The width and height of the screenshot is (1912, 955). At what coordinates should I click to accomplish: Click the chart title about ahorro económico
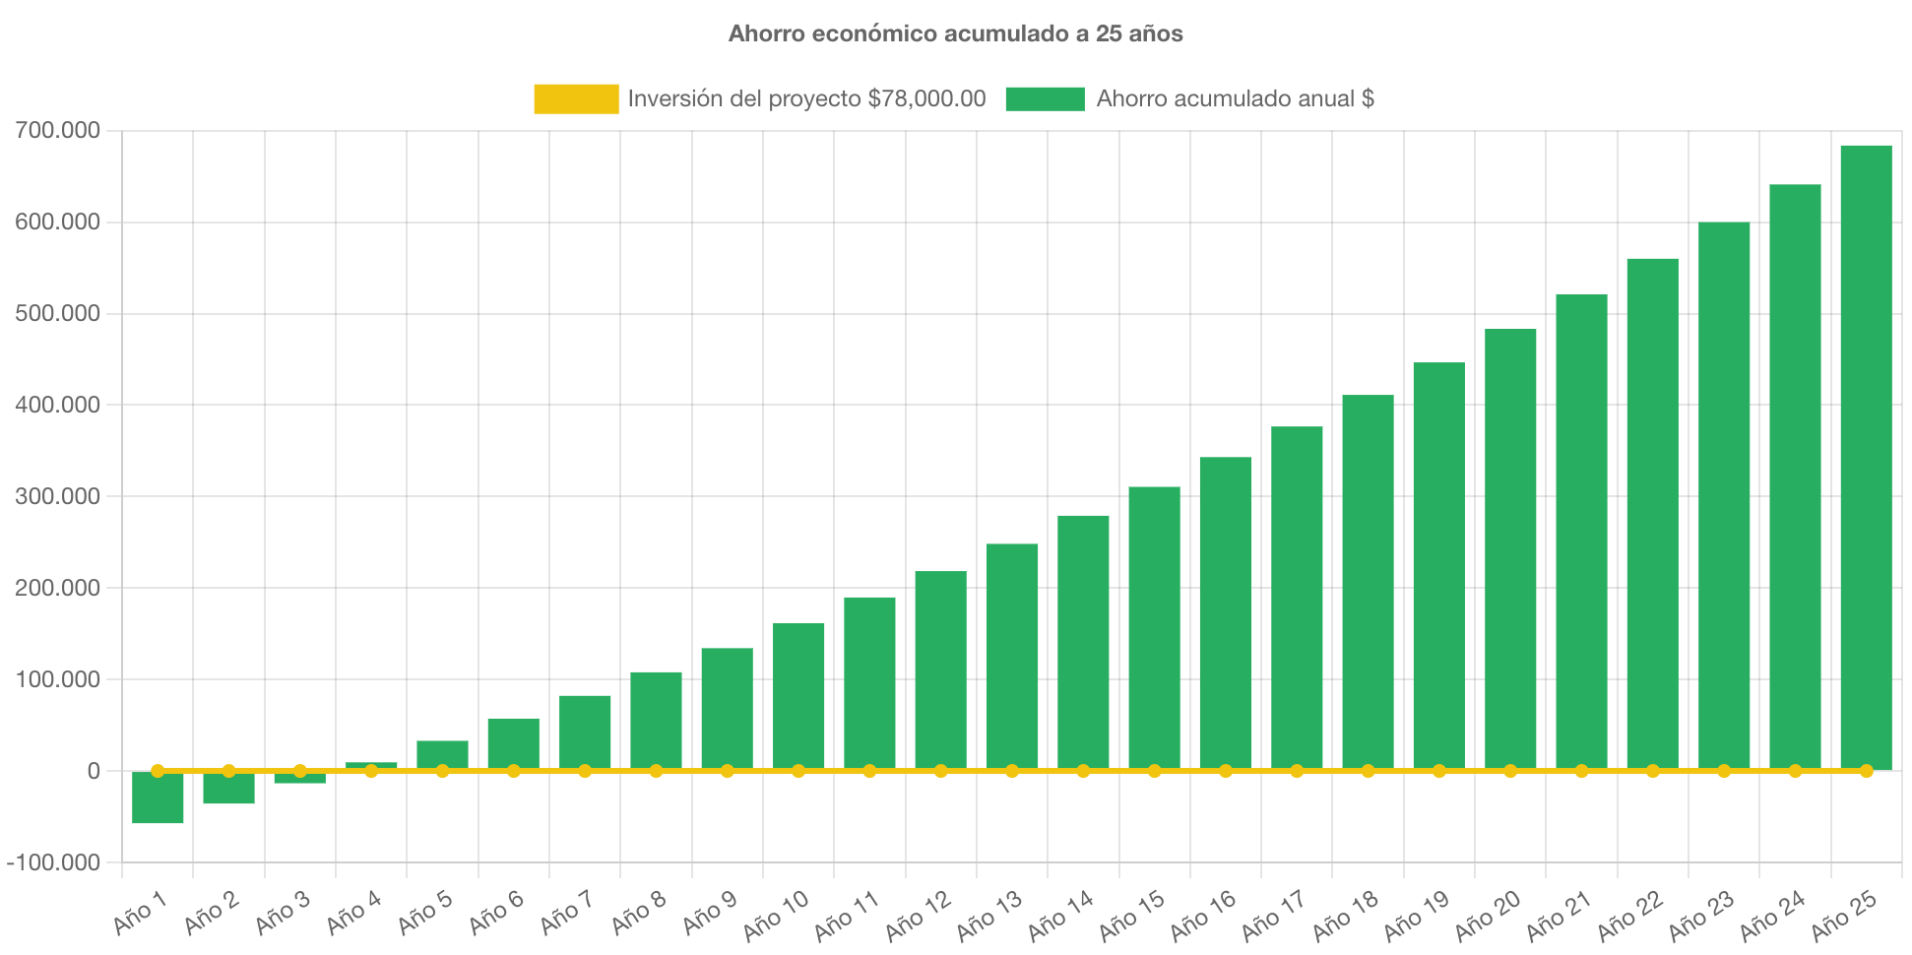point(955,33)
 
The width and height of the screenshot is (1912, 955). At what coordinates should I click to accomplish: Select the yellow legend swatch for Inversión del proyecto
point(576,98)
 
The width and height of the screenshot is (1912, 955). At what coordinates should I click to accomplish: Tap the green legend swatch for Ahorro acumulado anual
point(1045,98)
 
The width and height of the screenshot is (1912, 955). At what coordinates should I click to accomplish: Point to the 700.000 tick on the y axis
point(57,130)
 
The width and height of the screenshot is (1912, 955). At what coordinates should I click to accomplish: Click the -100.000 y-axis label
point(53,862)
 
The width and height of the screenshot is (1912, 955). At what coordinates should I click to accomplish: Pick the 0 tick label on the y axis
point(93,771)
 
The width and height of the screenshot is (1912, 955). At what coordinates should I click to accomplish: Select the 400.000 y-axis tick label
point(57,405)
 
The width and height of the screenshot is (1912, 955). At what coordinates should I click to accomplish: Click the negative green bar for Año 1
point(158,798)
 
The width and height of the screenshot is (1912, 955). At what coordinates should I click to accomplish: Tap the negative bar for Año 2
point(228,789)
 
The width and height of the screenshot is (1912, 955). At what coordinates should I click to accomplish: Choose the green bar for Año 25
point(1866,453)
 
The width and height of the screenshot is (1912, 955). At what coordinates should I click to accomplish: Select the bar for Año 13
point(1012,655)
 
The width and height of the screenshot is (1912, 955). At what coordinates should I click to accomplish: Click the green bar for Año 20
point(1510,546)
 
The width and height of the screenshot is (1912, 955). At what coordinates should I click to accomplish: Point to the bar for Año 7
point(585,731)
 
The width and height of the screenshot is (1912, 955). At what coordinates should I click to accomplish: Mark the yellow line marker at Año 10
point(798,771)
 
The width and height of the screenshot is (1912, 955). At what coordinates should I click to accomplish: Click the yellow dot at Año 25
point(1866,771)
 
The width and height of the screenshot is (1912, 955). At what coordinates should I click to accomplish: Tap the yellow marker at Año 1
point(158,771)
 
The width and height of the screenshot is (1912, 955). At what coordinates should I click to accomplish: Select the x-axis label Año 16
point(1203,915)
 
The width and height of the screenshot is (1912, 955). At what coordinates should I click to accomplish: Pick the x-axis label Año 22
point(1629,915)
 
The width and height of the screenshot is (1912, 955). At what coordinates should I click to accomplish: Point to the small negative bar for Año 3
point(299,779)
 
